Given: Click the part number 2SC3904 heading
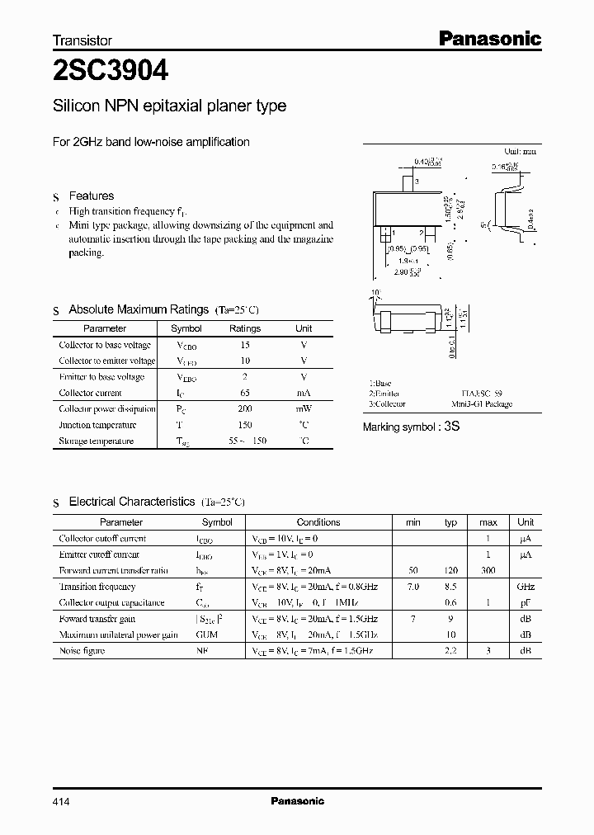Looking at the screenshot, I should click(111, 71).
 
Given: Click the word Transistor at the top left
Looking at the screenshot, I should click(82, 40).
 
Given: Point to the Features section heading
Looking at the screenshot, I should click(91, 196).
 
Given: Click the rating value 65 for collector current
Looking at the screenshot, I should click(244, 393).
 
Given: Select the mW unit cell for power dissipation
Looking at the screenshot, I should click(304, 408).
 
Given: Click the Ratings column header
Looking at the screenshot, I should click(244, 328).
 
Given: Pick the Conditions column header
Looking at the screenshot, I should click(318, 522).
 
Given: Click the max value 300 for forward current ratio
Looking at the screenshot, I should click(488, 570).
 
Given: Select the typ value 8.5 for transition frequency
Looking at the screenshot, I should click(450, 587).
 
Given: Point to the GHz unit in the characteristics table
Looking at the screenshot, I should click(526, 587).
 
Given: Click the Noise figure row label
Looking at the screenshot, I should click(82, 651).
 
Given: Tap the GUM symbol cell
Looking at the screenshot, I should click(207, 635).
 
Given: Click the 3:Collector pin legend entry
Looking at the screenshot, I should click(387, 404).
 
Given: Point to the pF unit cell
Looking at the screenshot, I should click(526, 602).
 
